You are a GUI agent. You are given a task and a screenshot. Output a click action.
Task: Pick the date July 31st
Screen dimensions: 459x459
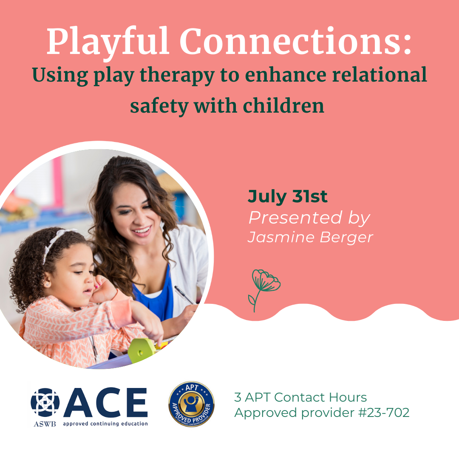coord(288,197)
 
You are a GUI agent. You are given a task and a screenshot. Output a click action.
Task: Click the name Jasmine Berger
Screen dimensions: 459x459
coord(310,237)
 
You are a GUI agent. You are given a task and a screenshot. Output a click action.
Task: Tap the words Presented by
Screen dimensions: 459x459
coord(309,218)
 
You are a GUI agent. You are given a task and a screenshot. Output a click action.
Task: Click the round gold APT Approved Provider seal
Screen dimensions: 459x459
coord(191,404)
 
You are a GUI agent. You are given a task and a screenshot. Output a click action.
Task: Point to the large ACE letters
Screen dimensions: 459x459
coord(105,403)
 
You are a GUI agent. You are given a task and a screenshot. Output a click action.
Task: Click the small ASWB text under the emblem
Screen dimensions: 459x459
coord(45,424)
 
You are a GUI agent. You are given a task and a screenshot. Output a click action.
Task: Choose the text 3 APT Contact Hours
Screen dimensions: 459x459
coord(300,398)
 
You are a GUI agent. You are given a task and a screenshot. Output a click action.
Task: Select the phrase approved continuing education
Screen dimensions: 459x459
coord(105,424)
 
